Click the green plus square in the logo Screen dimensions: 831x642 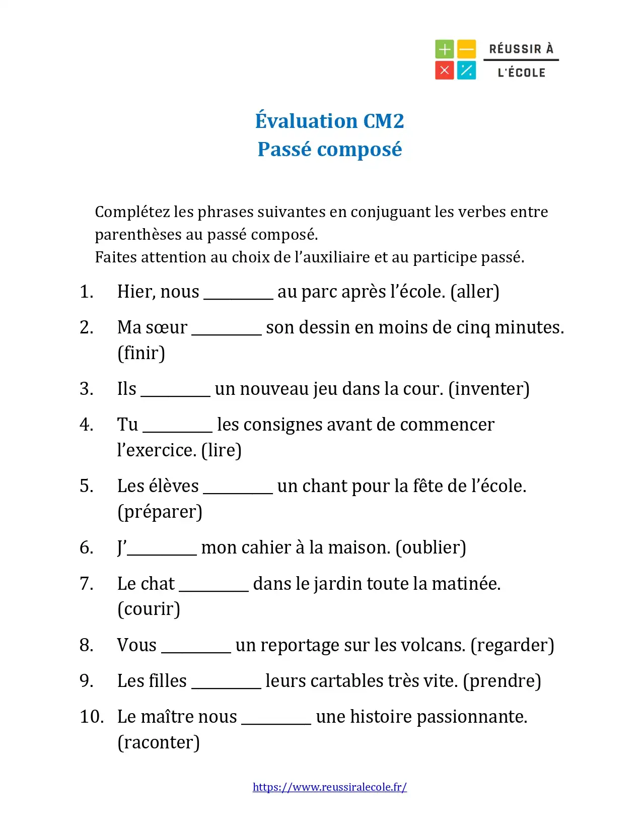pyautogui.click(x=444, y=49)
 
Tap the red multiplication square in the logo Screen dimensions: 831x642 pyautogui.click(x=444, y=71)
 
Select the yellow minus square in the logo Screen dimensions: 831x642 pyautogui.click(x=466, y=49)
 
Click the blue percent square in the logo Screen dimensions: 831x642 pyautogui.click(x=466, y=71)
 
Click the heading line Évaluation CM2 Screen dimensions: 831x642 pyautogui.click(x=329, y=121)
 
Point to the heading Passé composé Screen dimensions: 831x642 pyautogui.click(x=329, y=150)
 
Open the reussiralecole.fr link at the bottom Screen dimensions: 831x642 pyautogui.click(x=329, y=787)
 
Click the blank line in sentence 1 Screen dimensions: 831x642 pyautogui.click(x=238, y=296)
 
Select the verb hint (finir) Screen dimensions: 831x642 pyautogui.click(x=141, y=353)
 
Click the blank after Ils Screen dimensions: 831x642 pyautogui.click(x=175, y=393)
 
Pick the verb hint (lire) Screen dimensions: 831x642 pyautogui.click(x=221, y=450)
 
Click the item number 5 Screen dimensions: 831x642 pyautogui.click(x=86, y=486)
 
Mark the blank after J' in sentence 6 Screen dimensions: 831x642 pyautogui.click(x=162, y=552)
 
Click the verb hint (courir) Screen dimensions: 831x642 pyautogui.click(x=149, y=609)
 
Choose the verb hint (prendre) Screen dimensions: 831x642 pyautogui.click(x=502, y=681)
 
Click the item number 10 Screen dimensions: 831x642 pyautogui.click(x=92, y=717)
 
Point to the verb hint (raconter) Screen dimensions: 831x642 pyautogui.click(x=158, y=742)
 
